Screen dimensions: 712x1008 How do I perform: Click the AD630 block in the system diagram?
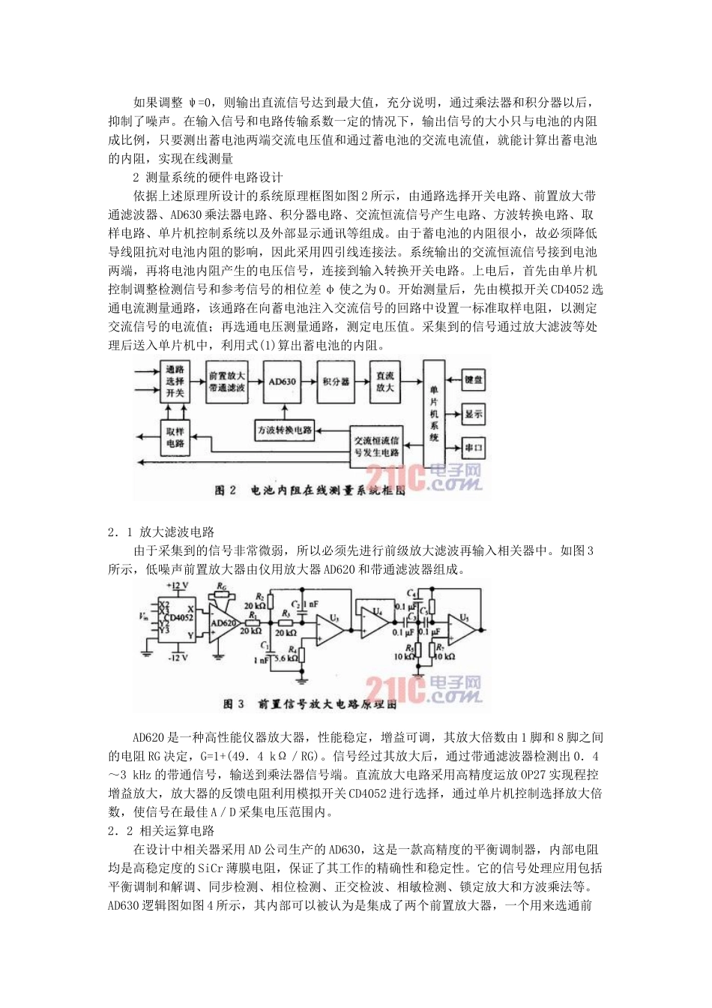click(282, 382)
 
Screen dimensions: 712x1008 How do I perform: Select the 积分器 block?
click(335, 382)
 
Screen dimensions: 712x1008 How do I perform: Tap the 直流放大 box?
click(385, 382)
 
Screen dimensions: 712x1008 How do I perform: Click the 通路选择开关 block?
click(175, 382)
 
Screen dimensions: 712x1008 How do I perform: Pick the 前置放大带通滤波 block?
click(227, 382)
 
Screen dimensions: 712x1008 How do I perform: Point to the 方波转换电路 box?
click(285, 430)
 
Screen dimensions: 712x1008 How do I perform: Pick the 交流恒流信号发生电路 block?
click(377, 447)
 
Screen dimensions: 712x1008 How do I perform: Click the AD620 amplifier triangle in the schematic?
click(223, 623)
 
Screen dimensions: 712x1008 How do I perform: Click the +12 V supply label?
click(178, 585)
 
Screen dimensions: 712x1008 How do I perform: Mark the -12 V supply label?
click(177, 657)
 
